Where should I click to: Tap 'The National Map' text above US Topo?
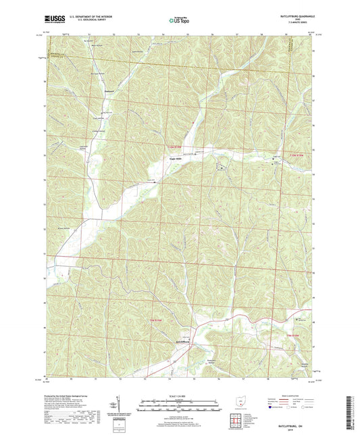[x=177, y=16]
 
